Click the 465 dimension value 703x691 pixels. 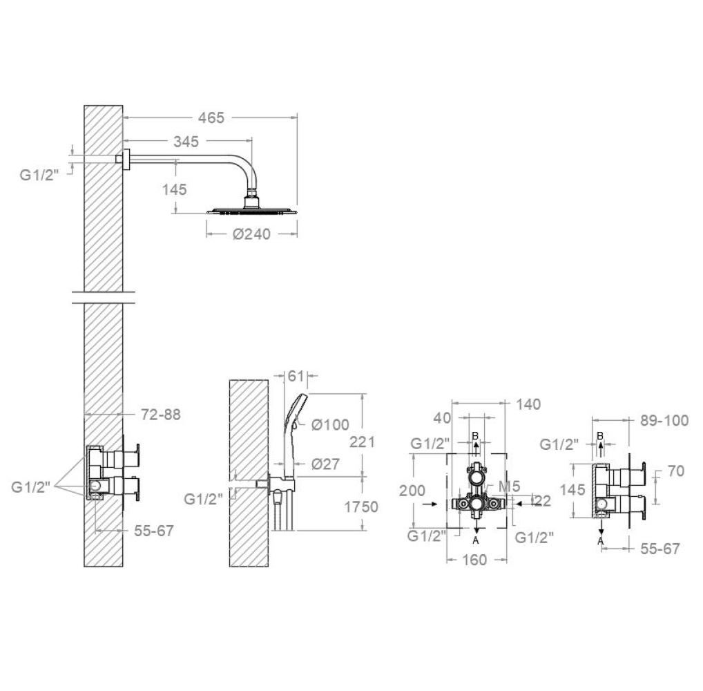pos(211,118)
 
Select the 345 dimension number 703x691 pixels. pos(186,142)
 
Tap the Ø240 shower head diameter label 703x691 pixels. pos(251,234)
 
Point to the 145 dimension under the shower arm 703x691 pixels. pos(175,190)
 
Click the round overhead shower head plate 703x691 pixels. pos(251,211)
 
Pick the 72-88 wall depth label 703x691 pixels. pos(160,415)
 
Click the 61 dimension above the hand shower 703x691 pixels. pos(296,376)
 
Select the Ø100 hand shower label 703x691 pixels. pos(330,424)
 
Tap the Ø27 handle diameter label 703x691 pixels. pos(325,464)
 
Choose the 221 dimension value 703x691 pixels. pos(363,442)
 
